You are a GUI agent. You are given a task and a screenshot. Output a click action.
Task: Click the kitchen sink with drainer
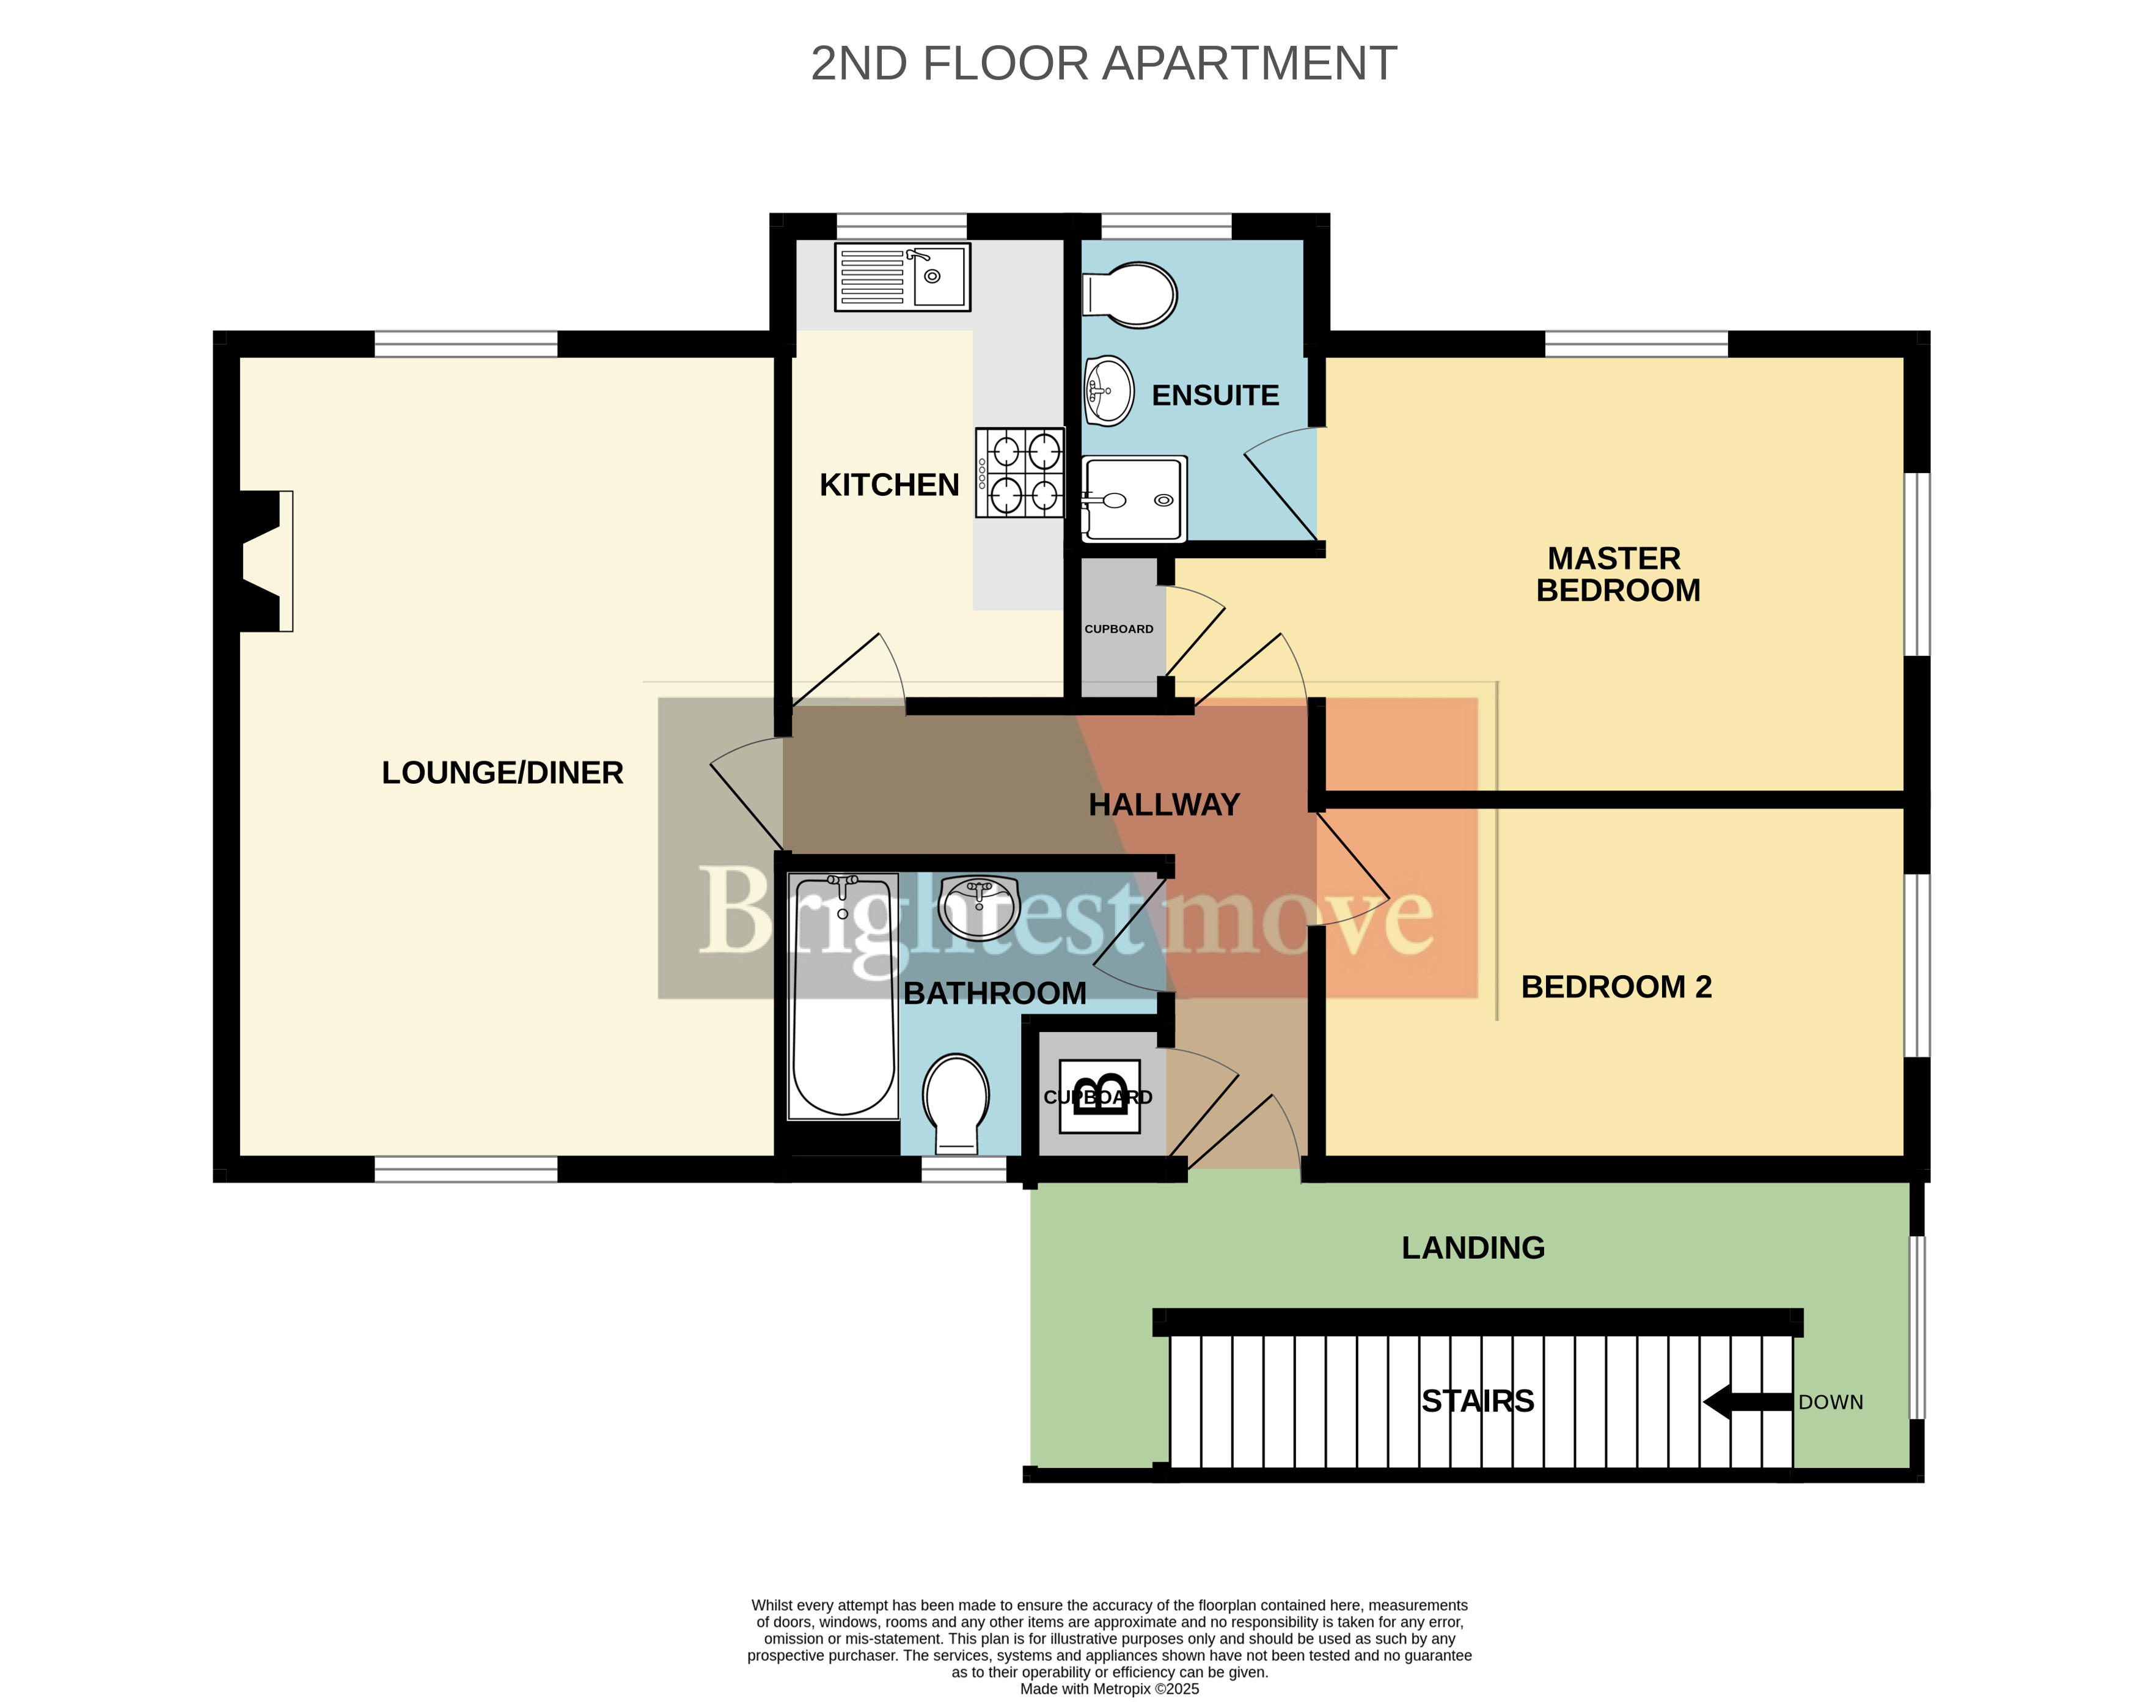[901, 276]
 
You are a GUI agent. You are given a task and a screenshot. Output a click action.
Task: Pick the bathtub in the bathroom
[843, 996]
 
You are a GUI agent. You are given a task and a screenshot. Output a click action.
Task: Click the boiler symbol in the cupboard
[1099, 1097]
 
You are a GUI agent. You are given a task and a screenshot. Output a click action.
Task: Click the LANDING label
[1473, 1248]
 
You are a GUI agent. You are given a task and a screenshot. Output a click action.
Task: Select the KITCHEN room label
[890, 485]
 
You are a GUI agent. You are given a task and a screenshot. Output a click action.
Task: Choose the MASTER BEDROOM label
[1618, 575]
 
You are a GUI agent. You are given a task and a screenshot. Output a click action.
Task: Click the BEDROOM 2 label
[1617, 987]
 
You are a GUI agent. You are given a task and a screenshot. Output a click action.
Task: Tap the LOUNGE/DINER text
[503, 773]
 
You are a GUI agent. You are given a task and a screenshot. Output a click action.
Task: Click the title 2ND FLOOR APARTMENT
[1104, 64]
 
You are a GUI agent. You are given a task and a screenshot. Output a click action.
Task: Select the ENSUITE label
[1215, 396]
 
